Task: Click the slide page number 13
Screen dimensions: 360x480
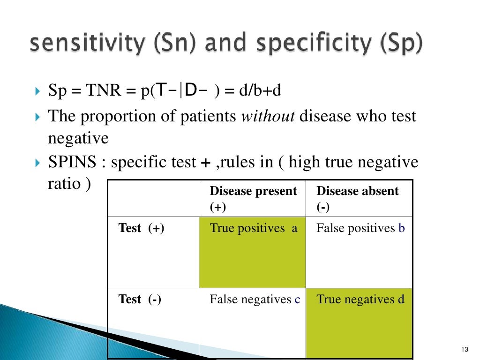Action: coord(465,349)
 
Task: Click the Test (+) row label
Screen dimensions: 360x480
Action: coord(142,228)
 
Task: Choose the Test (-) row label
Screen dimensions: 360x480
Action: coord(140,299)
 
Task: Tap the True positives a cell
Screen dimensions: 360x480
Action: coord(253,228)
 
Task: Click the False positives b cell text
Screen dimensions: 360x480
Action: coord(360,228)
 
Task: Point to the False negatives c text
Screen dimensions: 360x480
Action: coord(255,299)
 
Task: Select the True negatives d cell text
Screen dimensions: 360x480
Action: coord(360,299)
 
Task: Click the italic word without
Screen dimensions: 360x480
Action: coord(268,116)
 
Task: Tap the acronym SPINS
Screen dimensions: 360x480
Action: coord(71,162)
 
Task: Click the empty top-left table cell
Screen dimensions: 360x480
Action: coord(153,198)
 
